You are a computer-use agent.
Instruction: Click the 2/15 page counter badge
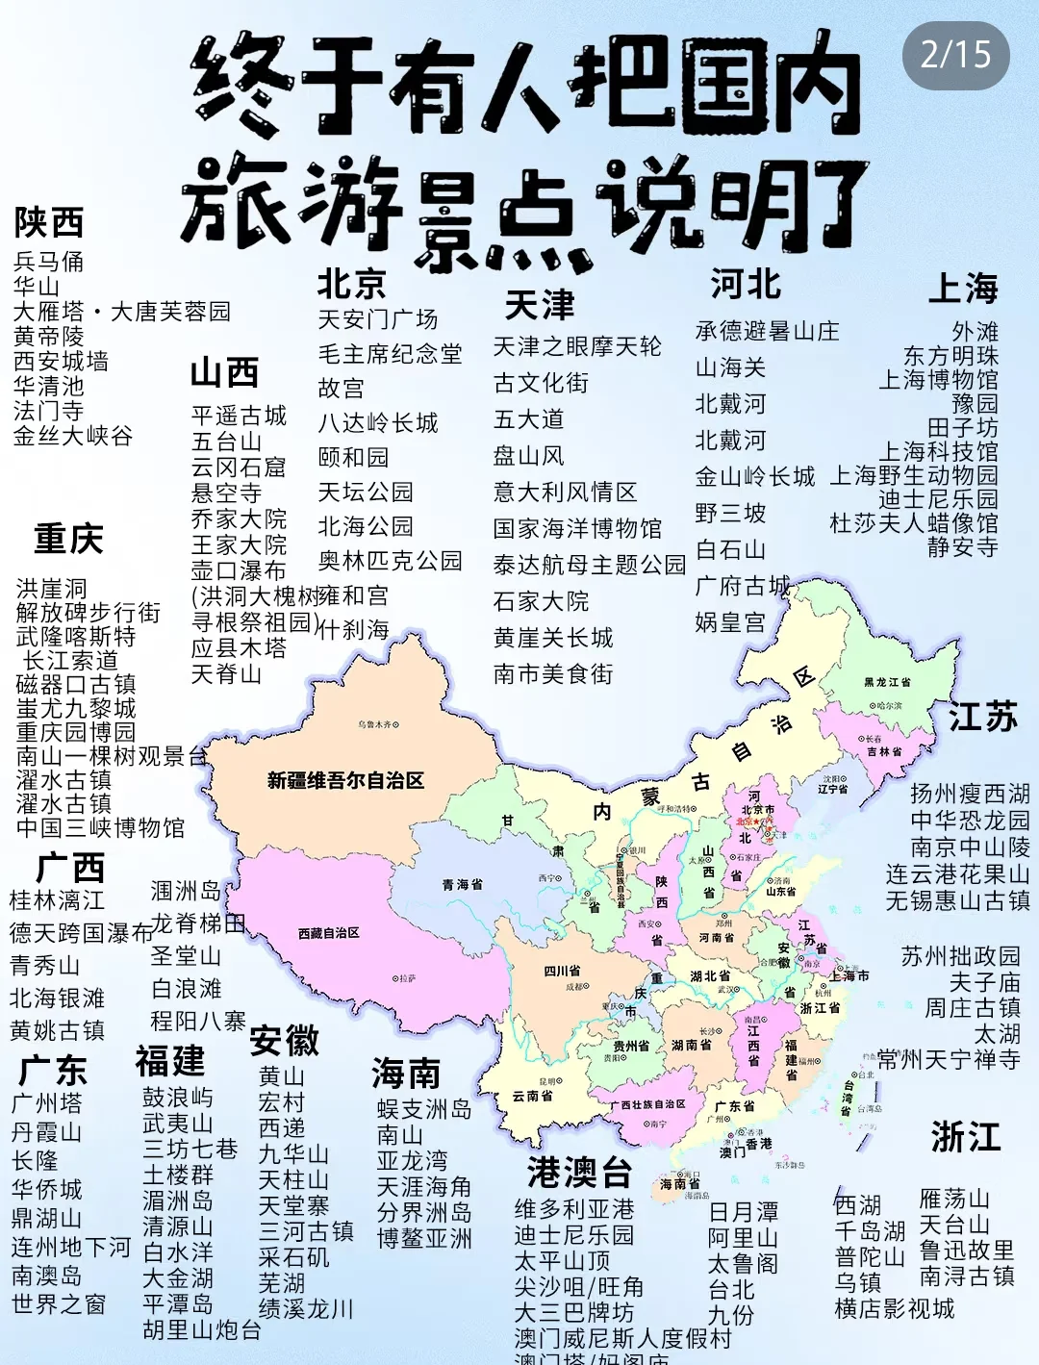(x=955, y=55)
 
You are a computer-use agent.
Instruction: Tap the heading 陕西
(x=49, y=222)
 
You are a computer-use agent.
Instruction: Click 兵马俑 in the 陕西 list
(x=49, y=262)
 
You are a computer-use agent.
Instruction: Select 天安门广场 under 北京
(x=378, y=319)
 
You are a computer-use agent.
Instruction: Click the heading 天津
(x=540, y=306)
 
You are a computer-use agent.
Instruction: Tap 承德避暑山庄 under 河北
(x=767, y=332)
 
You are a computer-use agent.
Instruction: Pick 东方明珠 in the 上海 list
(x=950, y=356)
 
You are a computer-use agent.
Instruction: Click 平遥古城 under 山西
(x=239, y=416)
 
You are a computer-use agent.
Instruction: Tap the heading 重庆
(x=68, y=539)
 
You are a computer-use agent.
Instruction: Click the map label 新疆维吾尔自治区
(x=345, y=780)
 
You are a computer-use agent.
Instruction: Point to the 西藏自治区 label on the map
(x=329, y=933)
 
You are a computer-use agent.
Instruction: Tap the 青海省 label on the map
(x=463, y=884)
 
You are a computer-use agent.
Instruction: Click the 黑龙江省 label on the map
(x=887, y=682)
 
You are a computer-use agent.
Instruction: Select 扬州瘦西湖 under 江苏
(x=970, y=795)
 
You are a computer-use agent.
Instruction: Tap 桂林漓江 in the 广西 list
(x=57, y=900)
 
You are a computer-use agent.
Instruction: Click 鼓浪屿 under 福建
(x=178, y=1098)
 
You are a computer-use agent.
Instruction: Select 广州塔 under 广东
(x=47, y=1103)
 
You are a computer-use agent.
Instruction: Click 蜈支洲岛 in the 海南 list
(x=424, y=1110)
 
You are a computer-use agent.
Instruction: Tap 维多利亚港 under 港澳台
(x=574, y=1209)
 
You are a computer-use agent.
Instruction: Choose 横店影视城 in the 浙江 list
(x=895, y=1308)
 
